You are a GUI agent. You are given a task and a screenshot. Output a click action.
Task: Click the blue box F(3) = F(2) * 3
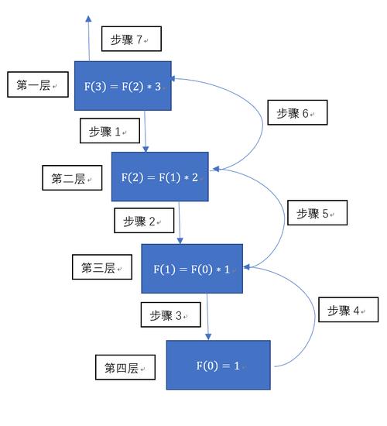coord(122,86)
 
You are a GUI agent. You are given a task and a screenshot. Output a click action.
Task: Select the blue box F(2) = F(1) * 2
coord(160,177)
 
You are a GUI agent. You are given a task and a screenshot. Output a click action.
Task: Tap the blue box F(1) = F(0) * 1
coord(192,269)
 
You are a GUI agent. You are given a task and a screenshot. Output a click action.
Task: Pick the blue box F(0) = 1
coord(218,365)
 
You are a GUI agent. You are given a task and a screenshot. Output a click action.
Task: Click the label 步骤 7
coord(129,40)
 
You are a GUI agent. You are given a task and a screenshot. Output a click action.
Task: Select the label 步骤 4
coord(348,310)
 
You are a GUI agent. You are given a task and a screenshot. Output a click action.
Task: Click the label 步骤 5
coord(317,212)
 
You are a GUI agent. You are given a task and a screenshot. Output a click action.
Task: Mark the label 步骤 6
coord(297,113)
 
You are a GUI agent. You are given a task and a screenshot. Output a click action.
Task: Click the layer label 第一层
coord(37,85)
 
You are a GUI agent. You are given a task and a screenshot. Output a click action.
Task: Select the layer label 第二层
coord(72,178)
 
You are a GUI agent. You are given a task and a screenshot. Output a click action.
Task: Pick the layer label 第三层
coord(101,268)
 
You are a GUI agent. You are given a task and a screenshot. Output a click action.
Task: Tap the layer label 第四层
coord(124,366)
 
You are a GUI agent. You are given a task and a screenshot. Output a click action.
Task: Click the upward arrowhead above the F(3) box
coord(87,19)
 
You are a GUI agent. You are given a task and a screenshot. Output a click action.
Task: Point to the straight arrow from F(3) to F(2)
coord(145,131)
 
